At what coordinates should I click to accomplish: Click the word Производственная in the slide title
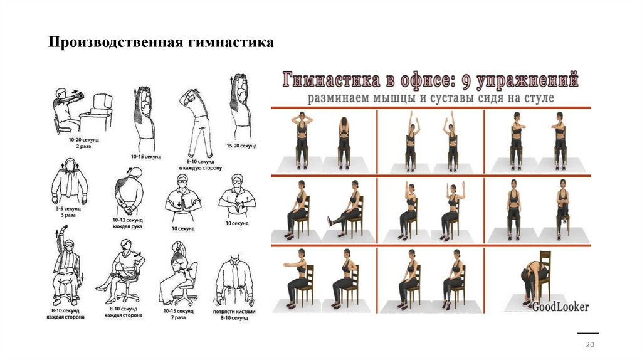pyautogui.click(x=115, y=43)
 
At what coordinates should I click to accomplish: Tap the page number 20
pyautogui.click(x=589, y=345)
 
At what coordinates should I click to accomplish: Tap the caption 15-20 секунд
pyautogui.click(x=241, y=146)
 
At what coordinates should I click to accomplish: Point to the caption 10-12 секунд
pyautogui.click(x=128, y=220)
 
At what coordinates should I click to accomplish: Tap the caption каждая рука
pyautogui.click(x=128, y=226)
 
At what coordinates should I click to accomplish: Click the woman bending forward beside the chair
pyautogui.click(x=533, y=278)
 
